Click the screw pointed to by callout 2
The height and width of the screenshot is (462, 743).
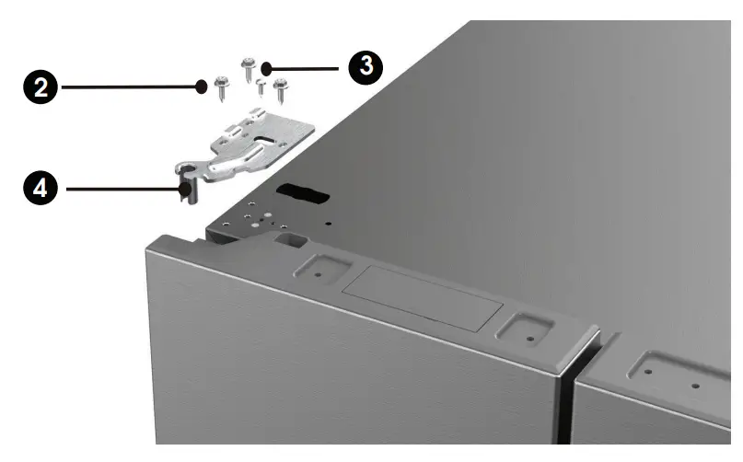point(222,87)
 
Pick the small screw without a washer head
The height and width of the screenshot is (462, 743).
point(261,88)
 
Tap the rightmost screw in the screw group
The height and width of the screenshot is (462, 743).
point(278,90)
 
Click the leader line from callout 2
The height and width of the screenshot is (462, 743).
point(129,88)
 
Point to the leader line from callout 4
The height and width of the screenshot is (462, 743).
point(120,191)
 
